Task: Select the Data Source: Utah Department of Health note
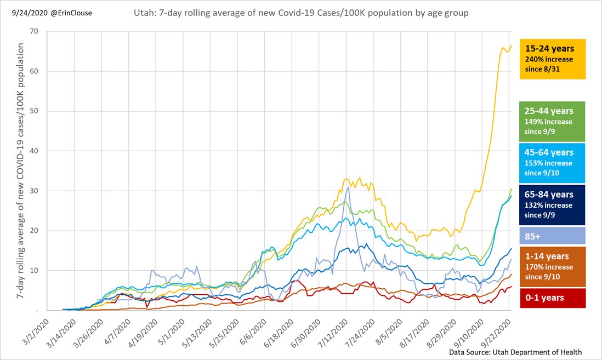pos(515,352)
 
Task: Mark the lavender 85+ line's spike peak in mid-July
pos(348,187)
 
